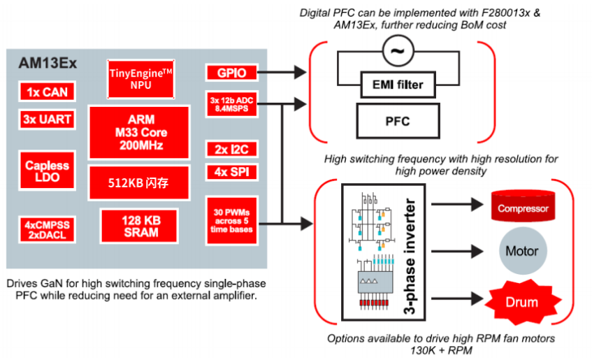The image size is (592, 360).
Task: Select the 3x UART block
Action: (46, 120)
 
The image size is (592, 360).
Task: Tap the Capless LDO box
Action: (47, 172)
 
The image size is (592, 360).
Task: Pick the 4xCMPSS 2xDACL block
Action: (47, 229)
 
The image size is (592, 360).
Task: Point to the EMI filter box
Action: (396, 86)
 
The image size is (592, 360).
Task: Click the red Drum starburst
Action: (523, 301)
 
